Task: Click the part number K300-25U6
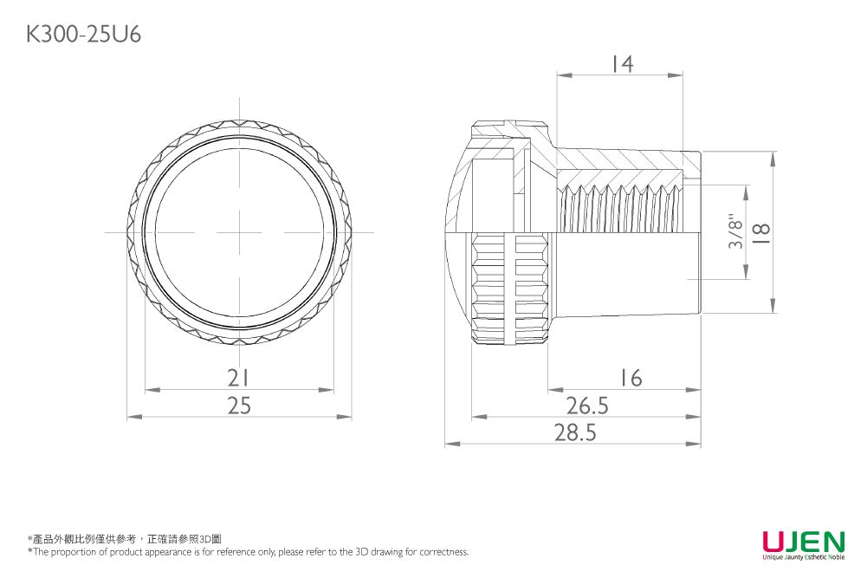tap(83, 35)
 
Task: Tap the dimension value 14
tap(623, 63)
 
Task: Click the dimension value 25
tap(239, 406)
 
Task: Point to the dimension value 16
tap(631, 378)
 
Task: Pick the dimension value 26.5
tap(587, 406)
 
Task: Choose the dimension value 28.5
tap(576, 432)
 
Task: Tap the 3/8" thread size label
tap(736, 231)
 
